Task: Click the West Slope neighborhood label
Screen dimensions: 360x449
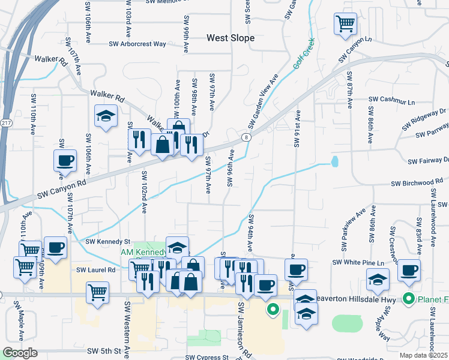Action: tap(231, 38)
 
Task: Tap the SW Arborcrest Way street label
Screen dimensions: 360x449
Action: tap(137, 44)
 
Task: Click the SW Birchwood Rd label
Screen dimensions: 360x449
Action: tap(417, 183)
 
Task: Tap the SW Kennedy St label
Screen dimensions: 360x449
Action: tap(107, 241)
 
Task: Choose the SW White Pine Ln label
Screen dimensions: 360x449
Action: tap(357, 263)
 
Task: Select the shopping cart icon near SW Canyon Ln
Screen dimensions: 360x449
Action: tap(345, 24)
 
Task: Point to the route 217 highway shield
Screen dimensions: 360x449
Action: tap(5, 123)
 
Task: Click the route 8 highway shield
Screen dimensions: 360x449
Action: tap(246, 138)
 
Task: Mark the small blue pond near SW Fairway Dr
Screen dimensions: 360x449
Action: tap(334, 161)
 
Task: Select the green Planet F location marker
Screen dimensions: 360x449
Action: tap(409, 298)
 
